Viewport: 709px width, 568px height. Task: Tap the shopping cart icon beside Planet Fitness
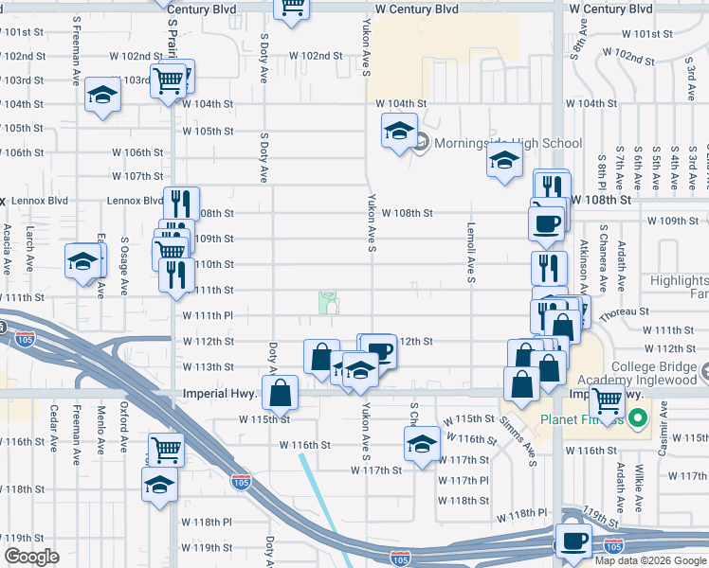(x=606, y=400)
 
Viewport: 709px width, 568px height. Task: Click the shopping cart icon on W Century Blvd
(x=293, y=8)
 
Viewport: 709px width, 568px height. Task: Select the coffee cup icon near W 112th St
(x=379, y=350)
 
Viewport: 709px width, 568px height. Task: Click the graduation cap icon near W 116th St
(x=422, y=442)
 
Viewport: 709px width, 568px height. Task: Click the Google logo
(x=32, y=557)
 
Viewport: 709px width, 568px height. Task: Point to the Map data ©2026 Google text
(x=651, y=560)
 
